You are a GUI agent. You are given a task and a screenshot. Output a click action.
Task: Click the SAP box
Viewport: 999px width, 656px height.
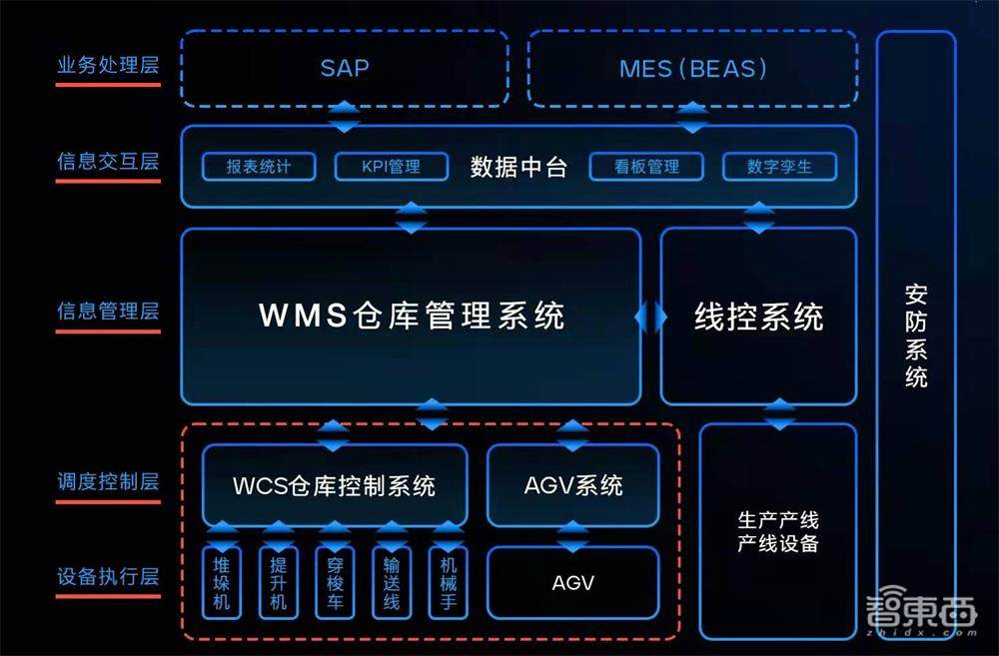344,68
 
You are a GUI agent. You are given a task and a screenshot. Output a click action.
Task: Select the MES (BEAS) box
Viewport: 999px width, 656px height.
692,68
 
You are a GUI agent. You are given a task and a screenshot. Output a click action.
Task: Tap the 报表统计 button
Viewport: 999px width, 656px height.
259,167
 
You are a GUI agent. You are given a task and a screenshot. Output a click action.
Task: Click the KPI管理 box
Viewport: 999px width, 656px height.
391,167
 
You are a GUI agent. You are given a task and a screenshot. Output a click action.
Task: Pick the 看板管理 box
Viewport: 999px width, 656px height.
646,167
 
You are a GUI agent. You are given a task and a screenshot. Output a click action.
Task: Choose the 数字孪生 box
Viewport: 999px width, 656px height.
779,167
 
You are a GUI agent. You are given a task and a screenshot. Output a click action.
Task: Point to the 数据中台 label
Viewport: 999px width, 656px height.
518,167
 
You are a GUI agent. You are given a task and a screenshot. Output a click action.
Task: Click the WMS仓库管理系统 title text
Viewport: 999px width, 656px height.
412,316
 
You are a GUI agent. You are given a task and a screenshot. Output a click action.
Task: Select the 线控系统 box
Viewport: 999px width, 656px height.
758,317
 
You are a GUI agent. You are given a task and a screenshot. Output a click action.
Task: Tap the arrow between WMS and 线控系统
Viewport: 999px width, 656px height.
650,317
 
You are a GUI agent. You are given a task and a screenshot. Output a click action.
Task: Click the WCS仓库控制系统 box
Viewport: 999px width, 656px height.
334,486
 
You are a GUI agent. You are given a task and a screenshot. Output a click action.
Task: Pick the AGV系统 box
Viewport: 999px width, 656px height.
572,485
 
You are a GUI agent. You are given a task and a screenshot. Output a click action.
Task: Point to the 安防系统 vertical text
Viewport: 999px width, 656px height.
916,336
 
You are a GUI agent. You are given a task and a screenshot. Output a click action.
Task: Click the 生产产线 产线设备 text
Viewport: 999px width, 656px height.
777,532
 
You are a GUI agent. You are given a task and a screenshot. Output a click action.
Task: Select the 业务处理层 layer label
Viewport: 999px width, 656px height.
108,67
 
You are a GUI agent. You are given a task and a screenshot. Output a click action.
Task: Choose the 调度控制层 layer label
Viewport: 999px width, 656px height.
108,482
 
